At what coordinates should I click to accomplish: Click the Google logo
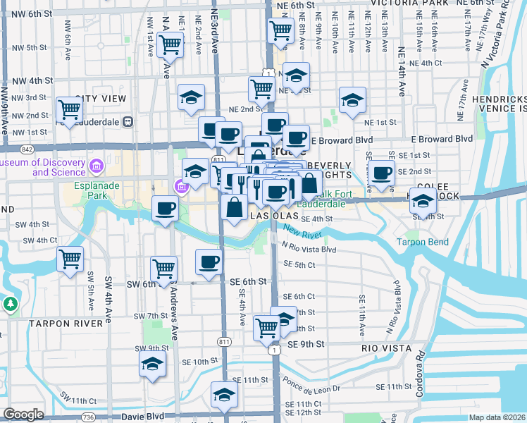[23, 415]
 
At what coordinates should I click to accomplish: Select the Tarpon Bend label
[423, 241]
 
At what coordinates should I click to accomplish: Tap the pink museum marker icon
[181, 187]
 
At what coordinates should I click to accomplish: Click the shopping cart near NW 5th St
[170, 44]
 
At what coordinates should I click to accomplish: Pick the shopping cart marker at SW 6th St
[163, 269]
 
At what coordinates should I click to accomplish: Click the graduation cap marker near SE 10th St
[152, 364]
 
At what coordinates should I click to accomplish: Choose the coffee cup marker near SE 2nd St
[382, 173]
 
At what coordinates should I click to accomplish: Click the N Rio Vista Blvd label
[309, 248]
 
